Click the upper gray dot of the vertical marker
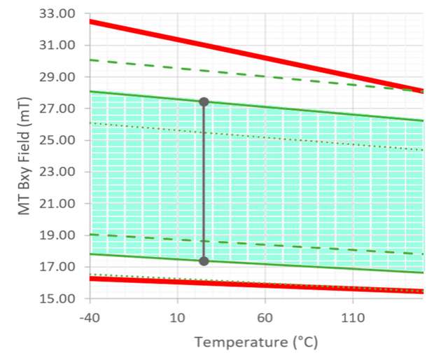pyautogui.click(x=204, y=102)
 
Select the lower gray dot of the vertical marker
pyautogui.click(x=204, y=261)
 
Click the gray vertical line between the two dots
pyautogui.click(x=204, y=182)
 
